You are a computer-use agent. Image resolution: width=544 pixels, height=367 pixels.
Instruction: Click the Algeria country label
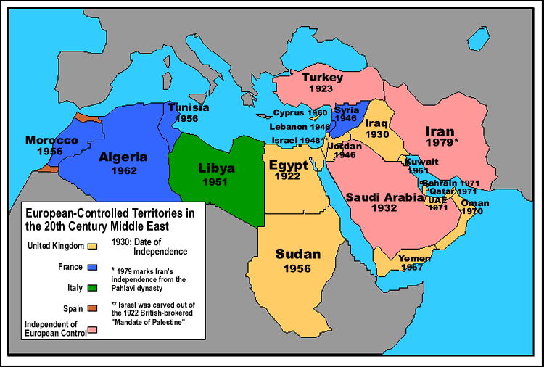[x=123, y=157]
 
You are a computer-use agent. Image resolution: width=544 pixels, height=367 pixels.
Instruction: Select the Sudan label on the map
[x=297, y=255]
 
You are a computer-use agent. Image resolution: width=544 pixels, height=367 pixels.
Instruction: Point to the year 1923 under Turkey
[x=319, y=88]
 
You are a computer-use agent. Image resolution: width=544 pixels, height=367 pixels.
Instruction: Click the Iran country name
[x=440, y=131]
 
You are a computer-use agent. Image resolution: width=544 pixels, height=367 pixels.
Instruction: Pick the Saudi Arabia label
[x=384, y=197]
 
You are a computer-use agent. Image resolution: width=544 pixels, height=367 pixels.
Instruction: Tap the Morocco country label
[x=51, y=139]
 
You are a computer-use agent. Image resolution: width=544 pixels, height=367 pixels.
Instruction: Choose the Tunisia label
[x=189, y=107]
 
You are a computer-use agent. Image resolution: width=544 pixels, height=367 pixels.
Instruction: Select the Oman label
[x=475, y=203]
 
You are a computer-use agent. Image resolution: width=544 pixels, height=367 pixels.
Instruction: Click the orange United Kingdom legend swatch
[x=92, y=245]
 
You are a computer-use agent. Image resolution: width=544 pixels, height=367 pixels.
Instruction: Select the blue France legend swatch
[x=92, y=267]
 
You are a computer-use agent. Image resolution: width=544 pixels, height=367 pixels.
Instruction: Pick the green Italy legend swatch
[x=92, y=288]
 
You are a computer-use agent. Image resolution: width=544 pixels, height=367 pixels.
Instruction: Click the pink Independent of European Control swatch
[x=92, y=330]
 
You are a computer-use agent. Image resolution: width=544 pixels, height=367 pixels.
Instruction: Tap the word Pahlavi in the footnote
[x=125, y=287]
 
